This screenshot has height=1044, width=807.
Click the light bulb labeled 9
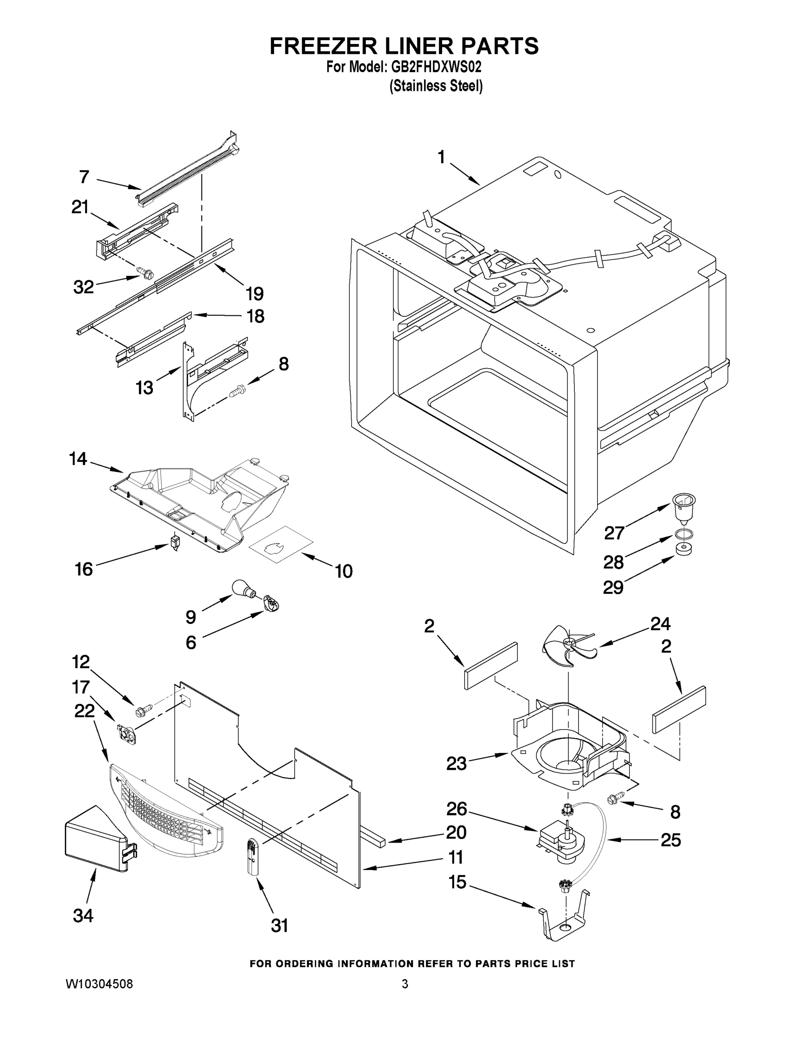coord(242,588)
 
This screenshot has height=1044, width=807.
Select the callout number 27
coord(614,532)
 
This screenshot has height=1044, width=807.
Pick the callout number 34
coord(83,915)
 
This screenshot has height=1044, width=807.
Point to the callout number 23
coord(456,763)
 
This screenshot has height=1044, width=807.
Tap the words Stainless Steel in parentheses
coord(436,86)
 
